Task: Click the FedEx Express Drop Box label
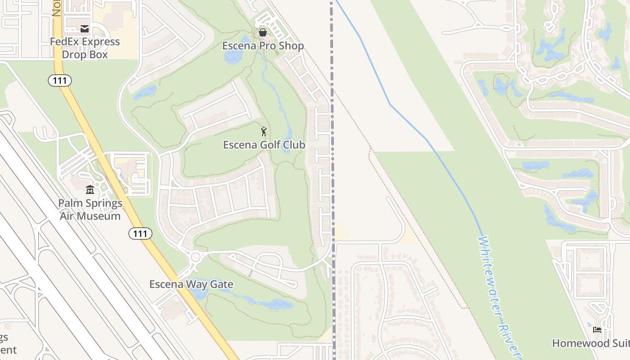pyautogui.click(x=85, y=48)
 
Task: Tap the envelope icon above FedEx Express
pyautogui.click(x=85, y=29)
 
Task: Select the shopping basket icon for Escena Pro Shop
pyautogui.click(x=263, y=32)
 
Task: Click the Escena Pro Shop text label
pyautogui.click(x=263, y=46)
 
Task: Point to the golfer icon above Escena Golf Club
pyautogui.click(x=264, y=131)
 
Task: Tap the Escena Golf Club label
pyautogui.click(x=264, y=145)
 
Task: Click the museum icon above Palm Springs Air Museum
pyautogui.click(x=90, y=189)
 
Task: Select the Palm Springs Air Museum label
pyautogui.click(x=90, y=209)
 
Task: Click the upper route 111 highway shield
pyautogui.click(x=60, y=81)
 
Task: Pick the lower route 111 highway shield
pyautogui.click(x=140, y=234)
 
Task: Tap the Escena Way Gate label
pyautogui.click(x=191, y=284)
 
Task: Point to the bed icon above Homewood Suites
pyautogui.click(x=597, y=330)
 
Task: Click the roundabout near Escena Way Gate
pyautogui.click(x=195, y=257)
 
